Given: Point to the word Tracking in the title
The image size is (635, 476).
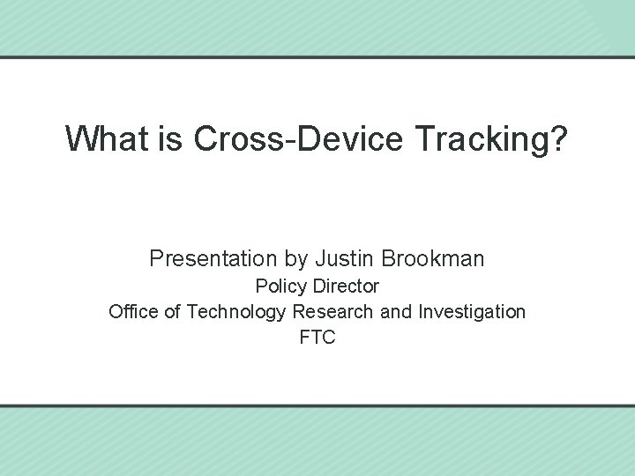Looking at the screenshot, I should (x=468, y=139).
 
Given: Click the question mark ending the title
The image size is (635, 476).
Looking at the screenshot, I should (x=560, y=138).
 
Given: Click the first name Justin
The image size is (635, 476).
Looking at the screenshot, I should (x=345, y=259).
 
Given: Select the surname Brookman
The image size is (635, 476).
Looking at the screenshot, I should (x=434, y=259).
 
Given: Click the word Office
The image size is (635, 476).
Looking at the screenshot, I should (x=133, y=312).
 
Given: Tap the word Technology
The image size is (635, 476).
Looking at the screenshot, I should (x=236, y=313).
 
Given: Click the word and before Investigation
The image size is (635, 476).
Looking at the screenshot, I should (x=395, y=312).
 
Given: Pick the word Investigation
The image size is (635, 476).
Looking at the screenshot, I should (x=472, y=313).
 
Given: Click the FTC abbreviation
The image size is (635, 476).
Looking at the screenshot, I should (x=317, y=338).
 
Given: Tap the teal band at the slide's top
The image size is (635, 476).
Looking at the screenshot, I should (x=317, y=26).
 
